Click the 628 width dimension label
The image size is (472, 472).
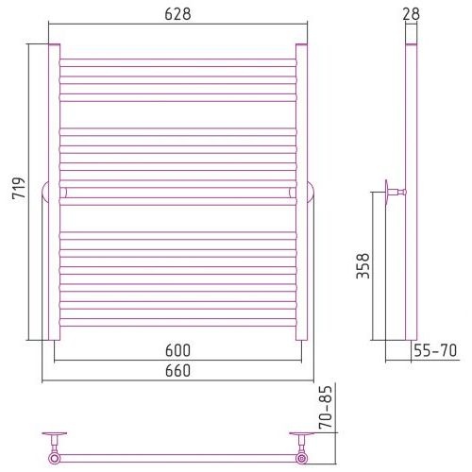(177, 14)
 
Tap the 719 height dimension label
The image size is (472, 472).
(19, 188)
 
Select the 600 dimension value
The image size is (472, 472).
(177, 350)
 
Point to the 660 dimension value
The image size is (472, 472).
(177, 371)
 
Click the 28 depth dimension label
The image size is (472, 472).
(411, 14)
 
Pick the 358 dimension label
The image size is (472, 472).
(362, 265)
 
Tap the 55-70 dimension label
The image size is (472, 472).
(435, 350)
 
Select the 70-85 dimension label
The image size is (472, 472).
(326, 407)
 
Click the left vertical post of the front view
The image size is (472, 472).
(54, 192)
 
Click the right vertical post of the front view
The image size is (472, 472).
(301, 192)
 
